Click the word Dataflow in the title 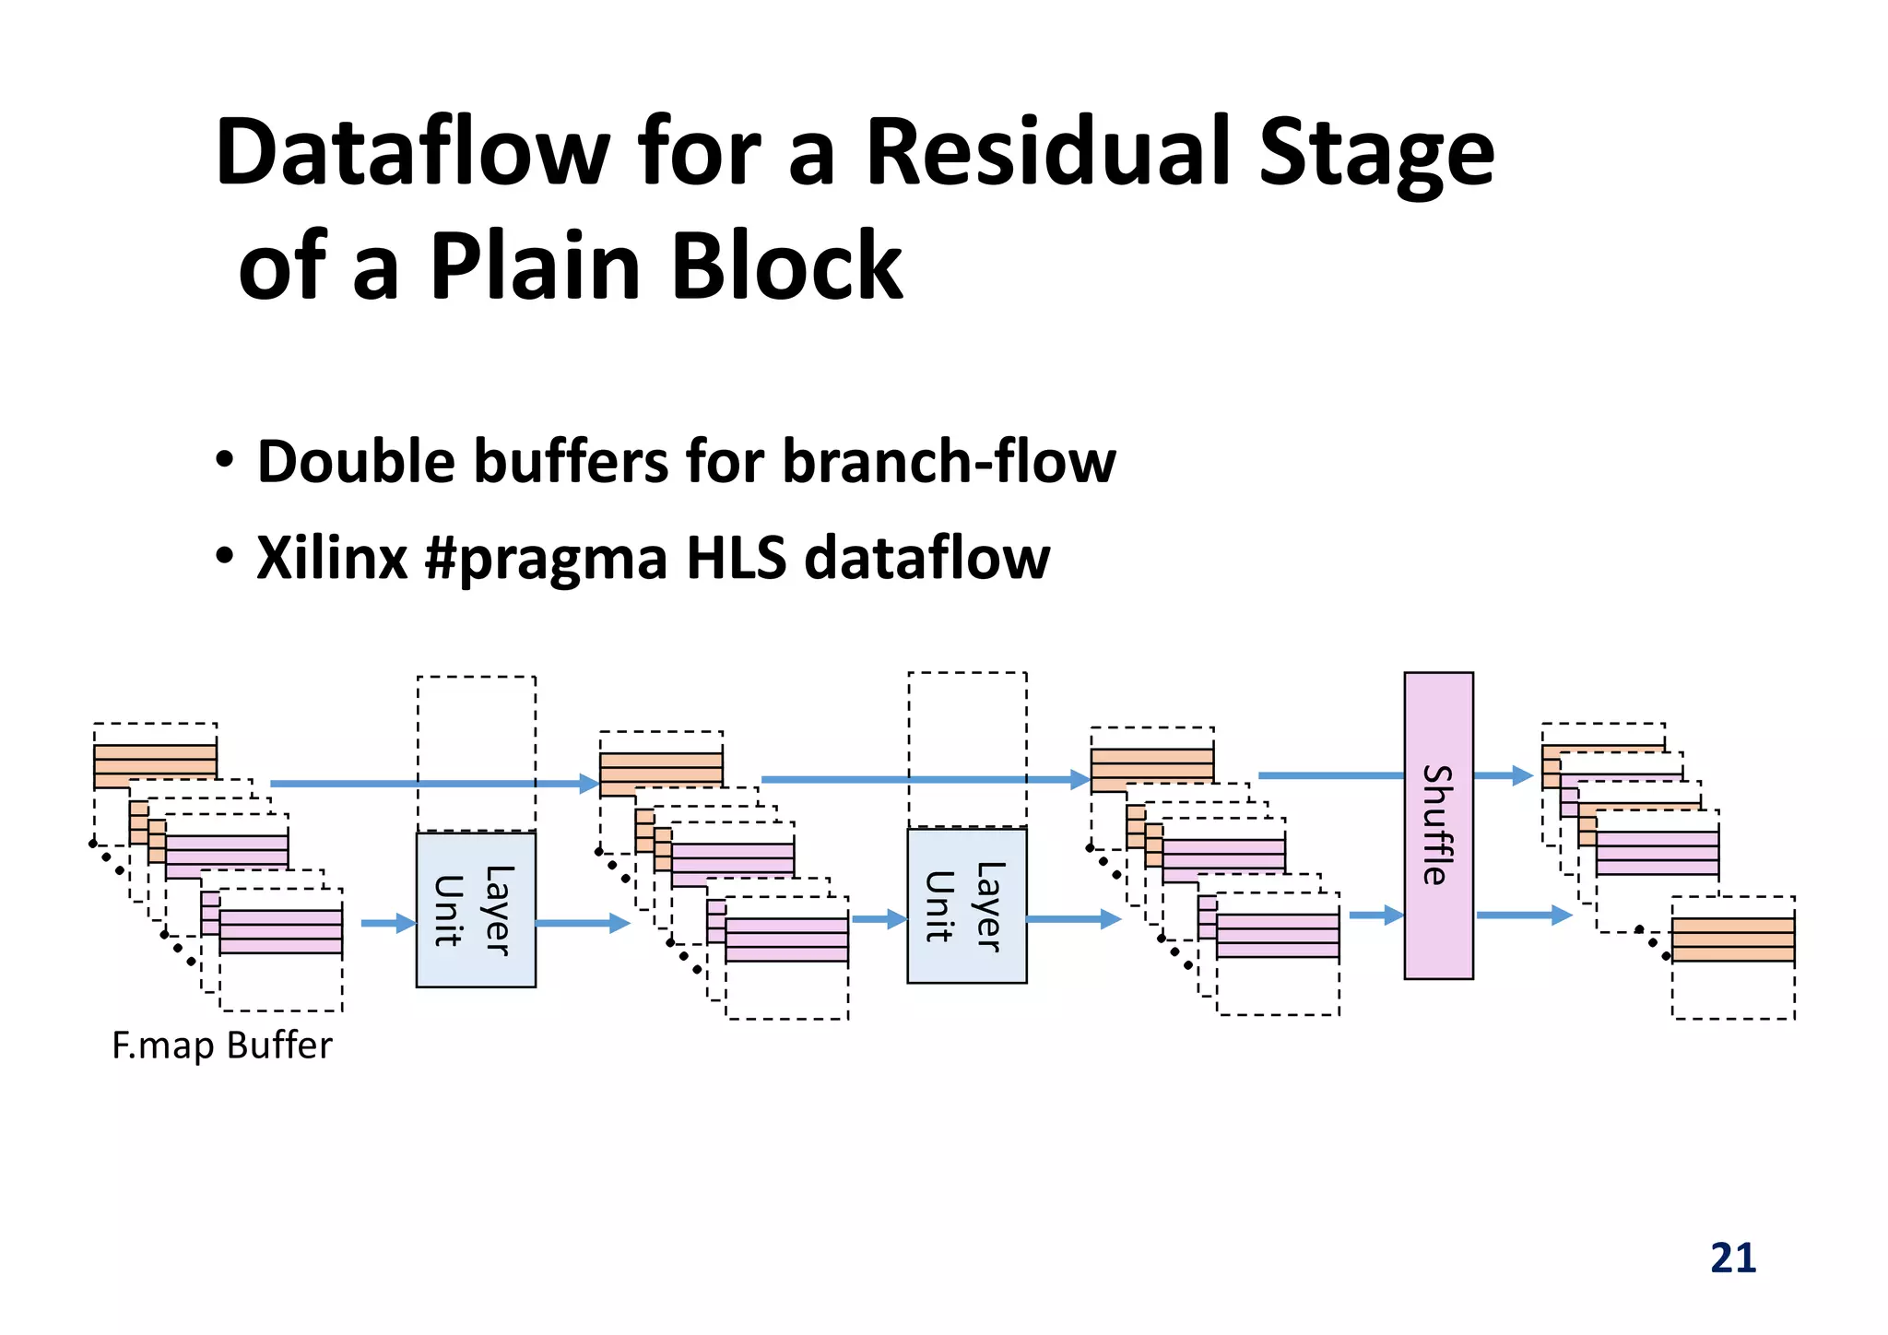click(x=411, y=153)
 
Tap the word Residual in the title click(x=1049, y=153)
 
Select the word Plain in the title click(x=535, y=267)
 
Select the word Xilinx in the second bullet click(x=332, y=558)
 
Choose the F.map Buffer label click(x=221, y=1046)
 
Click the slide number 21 click(x=1732, y=1258)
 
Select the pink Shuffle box click(x=1437, y=825)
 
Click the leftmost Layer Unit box click(x=476, y=910)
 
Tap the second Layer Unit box click(x=966, y=905)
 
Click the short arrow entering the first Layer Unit click(x=388, y=923)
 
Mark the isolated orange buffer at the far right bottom click(x=1732, y=939)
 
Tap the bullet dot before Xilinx click(x=224, y=557)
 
